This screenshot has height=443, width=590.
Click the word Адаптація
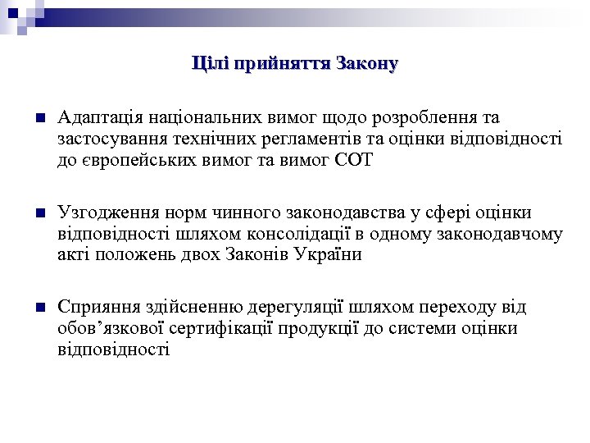[98, 118]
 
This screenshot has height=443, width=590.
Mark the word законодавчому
[509, 234]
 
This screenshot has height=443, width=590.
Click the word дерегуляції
[297, 308]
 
